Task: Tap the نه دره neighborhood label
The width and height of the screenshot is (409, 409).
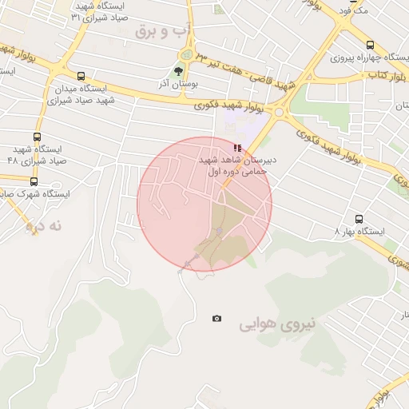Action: point(44,226)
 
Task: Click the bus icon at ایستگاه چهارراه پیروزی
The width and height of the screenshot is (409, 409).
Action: point(369,46)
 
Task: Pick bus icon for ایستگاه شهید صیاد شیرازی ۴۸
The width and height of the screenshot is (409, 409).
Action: point(38,137)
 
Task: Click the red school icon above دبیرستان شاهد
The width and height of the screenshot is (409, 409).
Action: point(236,148)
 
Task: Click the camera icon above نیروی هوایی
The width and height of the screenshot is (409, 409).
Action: point(216,319)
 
